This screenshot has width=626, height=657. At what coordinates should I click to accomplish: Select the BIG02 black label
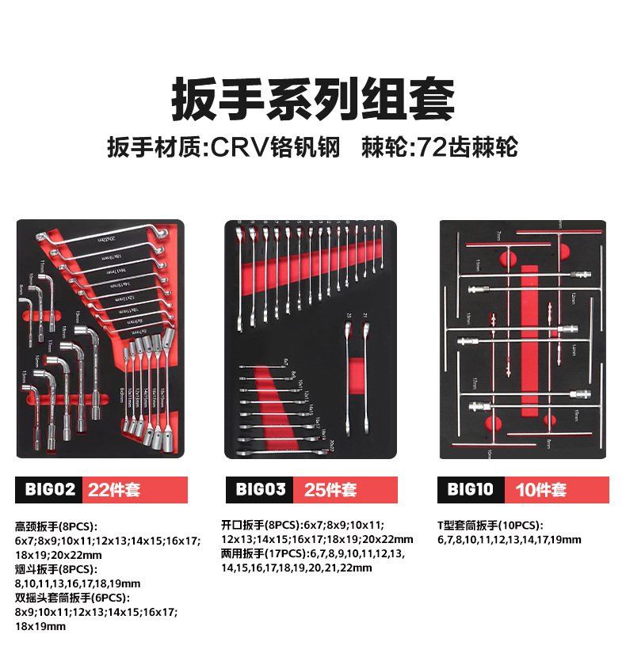click(x=46, y=490)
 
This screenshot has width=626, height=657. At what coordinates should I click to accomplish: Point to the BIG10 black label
click(x=471, y=490)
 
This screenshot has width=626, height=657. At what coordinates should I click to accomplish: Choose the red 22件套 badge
click(x=135, y=490)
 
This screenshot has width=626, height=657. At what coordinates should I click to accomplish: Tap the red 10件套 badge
click(x=559, y=490)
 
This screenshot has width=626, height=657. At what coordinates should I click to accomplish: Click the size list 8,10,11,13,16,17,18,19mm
click(x=78, y=583)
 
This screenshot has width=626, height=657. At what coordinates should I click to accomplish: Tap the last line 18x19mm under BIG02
click(x=40, y=626)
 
